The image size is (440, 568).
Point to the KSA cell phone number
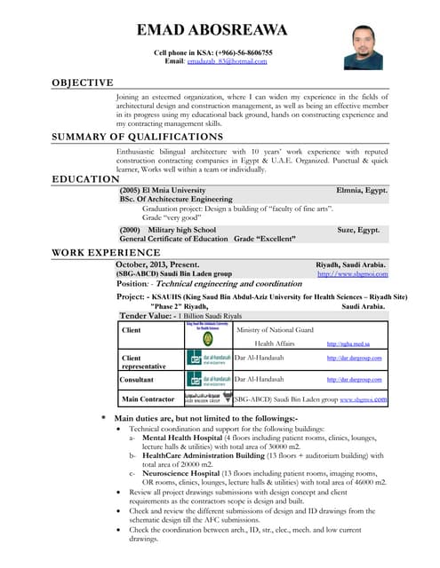[x=244, y=52]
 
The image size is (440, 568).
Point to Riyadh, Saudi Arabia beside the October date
[x=351, y=264]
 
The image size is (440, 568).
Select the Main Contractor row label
[x=148, y=399]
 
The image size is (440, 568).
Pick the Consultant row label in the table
[x=137, y=379]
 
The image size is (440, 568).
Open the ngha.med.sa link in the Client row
[x=348, y=343]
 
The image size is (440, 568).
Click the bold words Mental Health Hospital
[x=188, y=438]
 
